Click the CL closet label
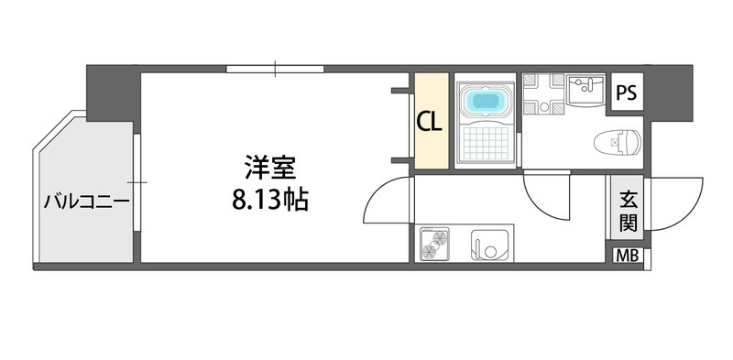[x=431, y=122]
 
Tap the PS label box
[x=627, y=93]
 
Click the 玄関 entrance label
[x=629, y=210]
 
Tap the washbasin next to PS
[x=583, y=91]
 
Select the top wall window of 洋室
[x=275, y=68]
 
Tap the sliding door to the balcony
[x=135, y=192]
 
